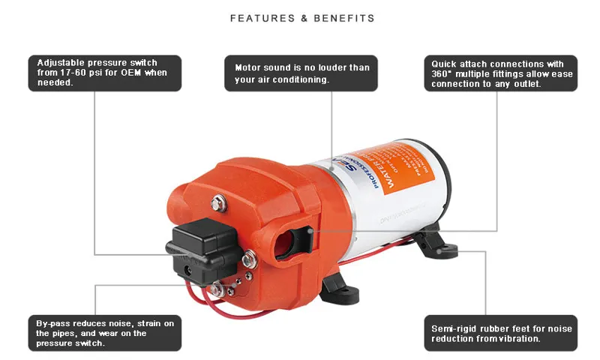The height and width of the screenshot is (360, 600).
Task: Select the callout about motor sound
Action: (301, 73)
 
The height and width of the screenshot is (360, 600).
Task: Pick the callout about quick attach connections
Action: (500, 73)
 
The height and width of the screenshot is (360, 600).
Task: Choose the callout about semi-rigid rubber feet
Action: (500, 332)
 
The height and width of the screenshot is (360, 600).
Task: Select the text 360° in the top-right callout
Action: (442, 73)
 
